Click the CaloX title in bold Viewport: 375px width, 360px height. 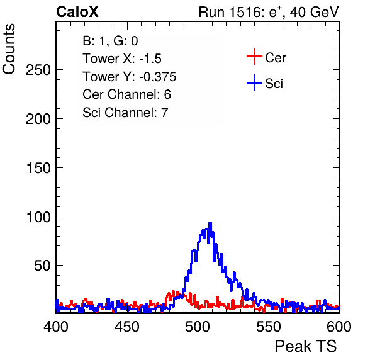pyautogui.click(x=77, y=12)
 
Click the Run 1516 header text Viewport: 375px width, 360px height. pyautogui.click(x=269, y=12)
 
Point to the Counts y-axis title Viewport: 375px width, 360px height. pyautogui.click(x=9, y=49)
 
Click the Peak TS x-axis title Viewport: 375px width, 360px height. pyautogui.click(x=306, y=346)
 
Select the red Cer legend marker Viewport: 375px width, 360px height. pyautogui.click(x=254, y=57)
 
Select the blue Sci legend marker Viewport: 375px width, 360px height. pyautogui.click(x=254, y=82)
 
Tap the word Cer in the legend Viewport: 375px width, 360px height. pyautogui.click(x=275, y=58)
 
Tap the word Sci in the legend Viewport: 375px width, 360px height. pyautogui.click(x=274, y=84)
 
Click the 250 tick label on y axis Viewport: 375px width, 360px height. pyautogui.click(x=38, y=70)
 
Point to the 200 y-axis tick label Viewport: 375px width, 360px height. pyautogui.click(x=38, y=119)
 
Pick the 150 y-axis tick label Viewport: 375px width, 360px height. pyautogui.click(x=38, y=168)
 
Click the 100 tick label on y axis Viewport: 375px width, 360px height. pyautogui.click(x=38, y=217)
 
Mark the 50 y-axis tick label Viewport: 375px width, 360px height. pyautogui.click(x=42, y=266)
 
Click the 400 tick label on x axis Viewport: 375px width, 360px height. pyautogui.click(x=56, y=327)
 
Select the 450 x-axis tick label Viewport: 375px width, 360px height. pyautogui.click(x=127, y=327)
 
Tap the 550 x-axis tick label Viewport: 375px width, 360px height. pyautogui.click(x=268, y=327)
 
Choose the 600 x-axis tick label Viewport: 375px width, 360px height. pyautogui.click(x=339, y=327)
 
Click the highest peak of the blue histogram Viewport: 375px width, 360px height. pyautogui.click(x=210, y=223)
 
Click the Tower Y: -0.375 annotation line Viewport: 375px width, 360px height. pyautogui.click(x=130, y=77)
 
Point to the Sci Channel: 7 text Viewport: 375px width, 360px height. pyautogui.click(x=125, y=113)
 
